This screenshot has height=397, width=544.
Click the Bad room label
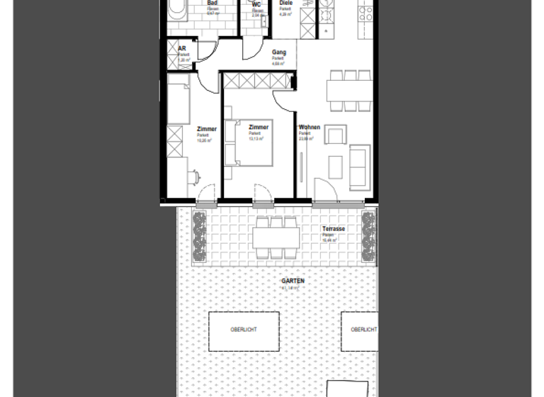coord(212,3)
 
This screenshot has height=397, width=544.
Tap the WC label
coord(256,5)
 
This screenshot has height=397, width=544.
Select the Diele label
coord(285,3)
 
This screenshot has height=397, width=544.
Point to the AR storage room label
coord(182,49)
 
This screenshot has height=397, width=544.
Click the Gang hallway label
coord(279,52)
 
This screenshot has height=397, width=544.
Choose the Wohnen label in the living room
coord(310,128)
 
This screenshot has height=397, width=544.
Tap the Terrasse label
coord(334,230)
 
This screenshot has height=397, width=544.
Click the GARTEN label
coord(293,281)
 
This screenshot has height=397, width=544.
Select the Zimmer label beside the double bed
coord(259,127)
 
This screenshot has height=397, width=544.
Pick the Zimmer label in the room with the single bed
coord(207,129)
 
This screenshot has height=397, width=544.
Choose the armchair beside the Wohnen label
coord(336,135)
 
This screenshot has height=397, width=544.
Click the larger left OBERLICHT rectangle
coord(244,331)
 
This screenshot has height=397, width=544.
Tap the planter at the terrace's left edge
coord(198,234)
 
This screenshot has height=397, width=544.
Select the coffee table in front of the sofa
coord(335,167)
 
